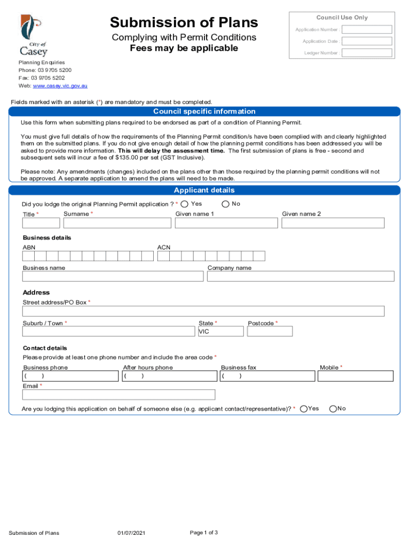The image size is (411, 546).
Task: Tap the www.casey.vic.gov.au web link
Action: pyautogui.click(x=60, y=86)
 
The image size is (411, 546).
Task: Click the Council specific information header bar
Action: pyautogui.click(x=204, y=111)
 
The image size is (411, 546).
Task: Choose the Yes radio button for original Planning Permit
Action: pyautogui.click(x=184, y=204)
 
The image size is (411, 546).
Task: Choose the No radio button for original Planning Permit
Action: pyautogui.click(x=225, y=204)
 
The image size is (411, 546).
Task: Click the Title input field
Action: pyautogui.click(x=41, y=223)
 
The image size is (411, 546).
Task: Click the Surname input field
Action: pyautogui.click(x=115, y=223)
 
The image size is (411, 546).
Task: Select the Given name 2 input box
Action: pyautogui.click(x=332, y=223)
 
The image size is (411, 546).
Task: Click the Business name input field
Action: pyautogui.click(x=113, y=276)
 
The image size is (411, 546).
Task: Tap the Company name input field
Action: pyautogui.click(x=301, y=276)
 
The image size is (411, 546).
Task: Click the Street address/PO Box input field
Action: pyautogui.click(x=203, y=311)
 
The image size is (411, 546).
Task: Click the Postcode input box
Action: pyautogui.click(x=270, y=331)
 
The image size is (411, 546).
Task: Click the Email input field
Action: pyautogui.click(x=118, y=395)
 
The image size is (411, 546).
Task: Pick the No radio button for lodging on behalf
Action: pyautogui.click(x=333, y=409)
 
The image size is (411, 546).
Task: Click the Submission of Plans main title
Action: pyautogui.click(x=184, y=23)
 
